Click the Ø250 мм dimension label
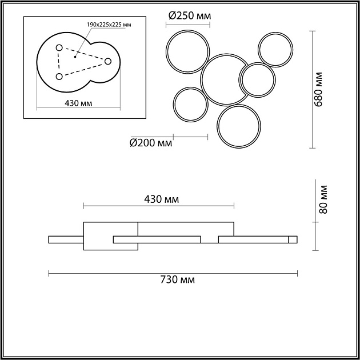click(190, 15)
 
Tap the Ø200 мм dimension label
click(151, 143)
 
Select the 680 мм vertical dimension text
click(318, 89)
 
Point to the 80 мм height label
click(323, 199)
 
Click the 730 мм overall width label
click(178, 280)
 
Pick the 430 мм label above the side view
click(161, 199)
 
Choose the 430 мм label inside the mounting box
click(78, 103)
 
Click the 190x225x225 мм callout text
click(109, 25)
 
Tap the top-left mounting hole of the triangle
click(59, 48)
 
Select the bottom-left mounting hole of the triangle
click(59, 77)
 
